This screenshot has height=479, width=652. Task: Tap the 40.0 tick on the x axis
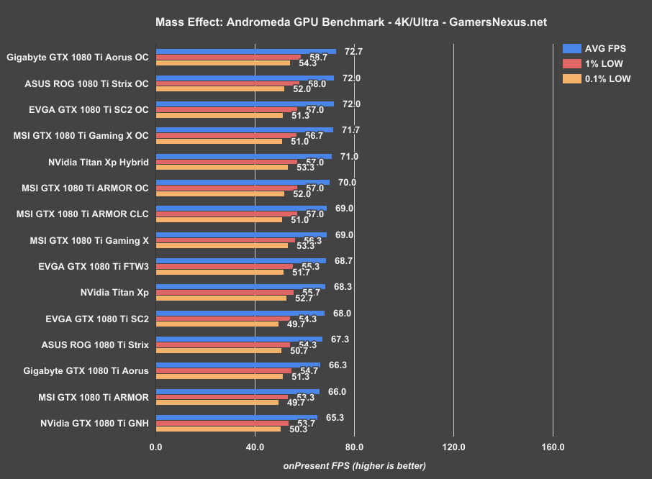[254, 447]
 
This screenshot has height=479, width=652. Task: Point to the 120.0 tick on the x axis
[453, 447]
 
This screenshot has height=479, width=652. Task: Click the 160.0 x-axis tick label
[553, 447]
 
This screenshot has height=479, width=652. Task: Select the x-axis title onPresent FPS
[354, 465]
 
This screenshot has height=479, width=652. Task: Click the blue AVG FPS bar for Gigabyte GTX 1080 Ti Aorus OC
[245, 52]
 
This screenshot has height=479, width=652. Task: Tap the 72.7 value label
[353, 52]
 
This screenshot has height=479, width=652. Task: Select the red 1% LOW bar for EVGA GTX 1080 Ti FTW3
[224, 266]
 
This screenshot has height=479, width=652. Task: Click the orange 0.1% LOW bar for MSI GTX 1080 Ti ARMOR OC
[219, 193]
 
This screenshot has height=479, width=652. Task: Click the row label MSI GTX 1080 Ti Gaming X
[89, 241]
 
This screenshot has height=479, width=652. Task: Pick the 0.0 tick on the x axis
[155, 447]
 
